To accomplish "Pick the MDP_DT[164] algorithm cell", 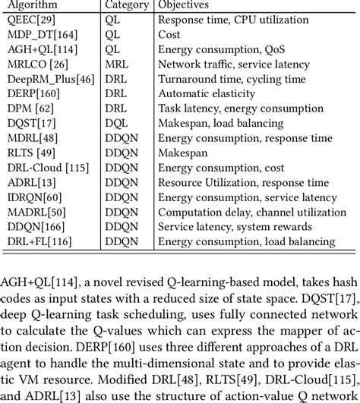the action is click(38, 36).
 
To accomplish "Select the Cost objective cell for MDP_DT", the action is click(169, 36).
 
